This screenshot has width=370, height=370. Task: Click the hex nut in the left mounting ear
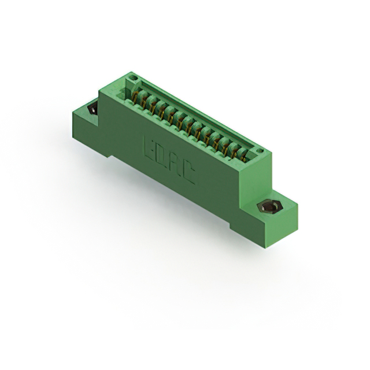pyautogui.click(x=91, y=109)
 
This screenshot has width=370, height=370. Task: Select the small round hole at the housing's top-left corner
pyautogui.click(x=132, y=77)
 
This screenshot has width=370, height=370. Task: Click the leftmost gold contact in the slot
pyautogui.click(x=138, y=95)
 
